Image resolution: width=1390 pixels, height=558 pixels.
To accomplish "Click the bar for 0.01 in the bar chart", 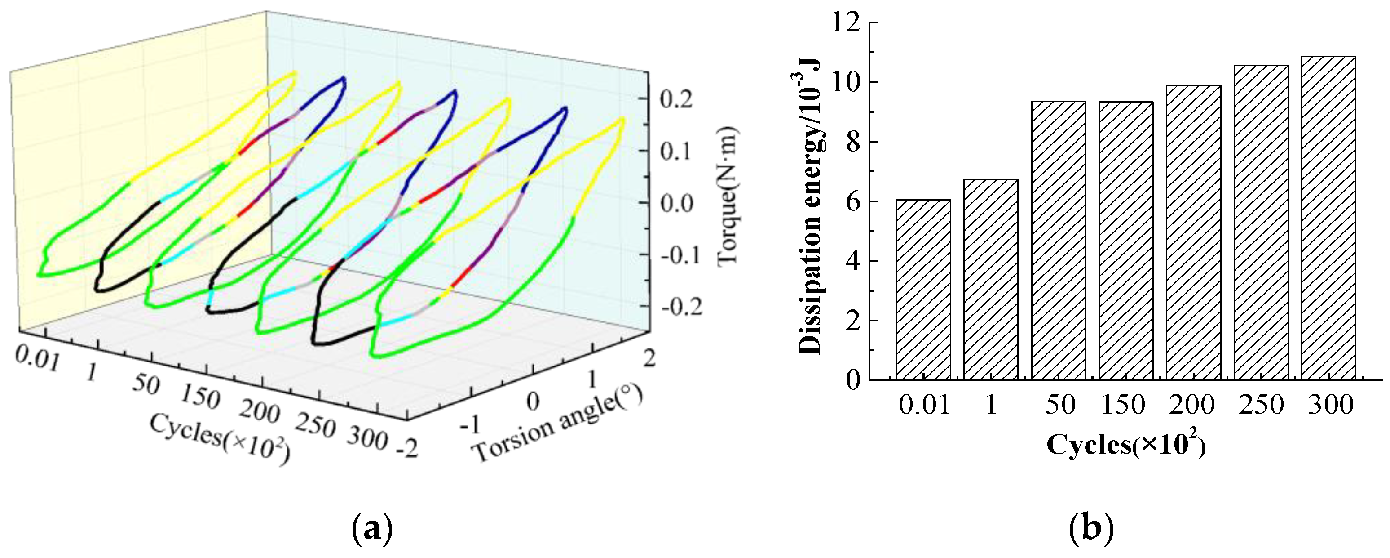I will pyautogui.click(x=923, y=290).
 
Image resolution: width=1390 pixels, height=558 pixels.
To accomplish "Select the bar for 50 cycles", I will pyautogui.click(x=1058, y=241).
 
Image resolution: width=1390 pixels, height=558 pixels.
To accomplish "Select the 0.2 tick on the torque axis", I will pyautogui.click(x=676, y=100).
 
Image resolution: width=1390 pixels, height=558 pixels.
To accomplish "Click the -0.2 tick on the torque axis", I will pyautogui.click(x=681, y=308).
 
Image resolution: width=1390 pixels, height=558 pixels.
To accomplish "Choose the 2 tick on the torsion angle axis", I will pyautogui.click(x=649, y=358).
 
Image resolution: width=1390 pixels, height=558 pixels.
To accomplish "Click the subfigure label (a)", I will pyautogui.click(x=372, y=531).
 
